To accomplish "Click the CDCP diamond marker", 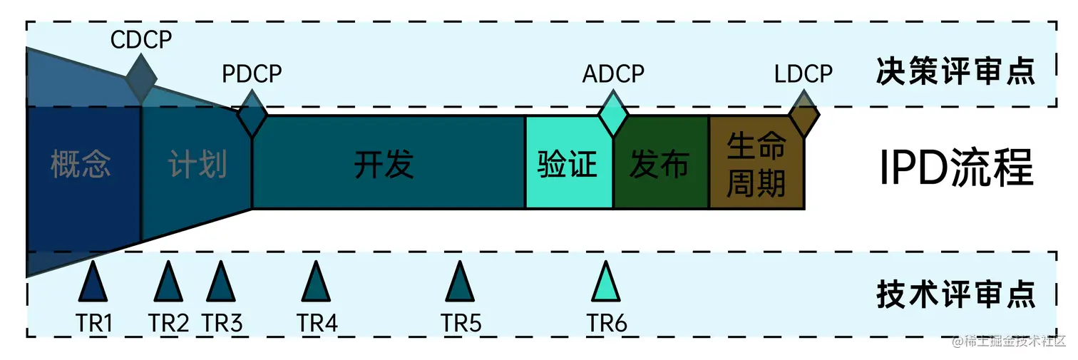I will (141, 79).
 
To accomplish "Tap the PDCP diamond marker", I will (252, 113).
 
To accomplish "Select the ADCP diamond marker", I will (612, 113).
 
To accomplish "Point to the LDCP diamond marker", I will (804, 113).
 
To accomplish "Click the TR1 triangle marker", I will (93, 283).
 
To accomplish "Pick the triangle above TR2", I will (168, 283).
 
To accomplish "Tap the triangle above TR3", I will (220, 283).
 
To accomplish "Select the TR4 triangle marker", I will (316, 283).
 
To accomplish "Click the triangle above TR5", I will (460, 283).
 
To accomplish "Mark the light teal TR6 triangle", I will (606, 283).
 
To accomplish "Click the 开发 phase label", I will (384, 165).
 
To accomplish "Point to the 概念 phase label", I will (81, 165).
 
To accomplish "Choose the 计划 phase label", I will (197, 165).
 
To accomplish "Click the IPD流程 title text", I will (955, 168).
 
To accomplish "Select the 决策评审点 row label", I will (955, 73).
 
